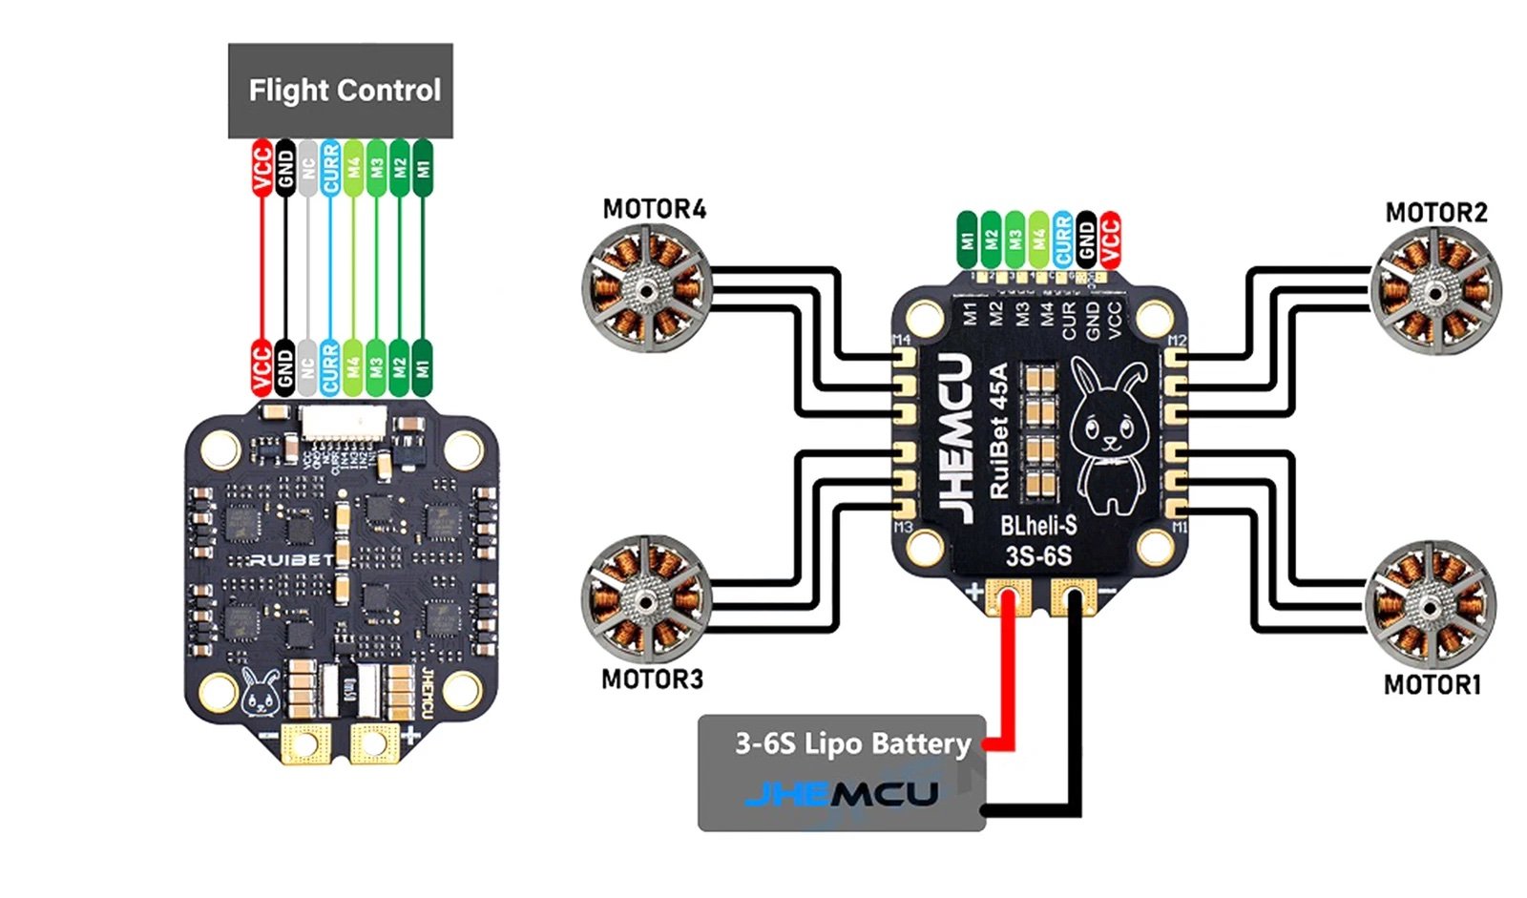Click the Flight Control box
click(340, 91)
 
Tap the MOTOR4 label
click(654, 209)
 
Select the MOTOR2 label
click(1435, 212)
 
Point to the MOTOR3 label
click(652, 679)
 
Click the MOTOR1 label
click(1432, 684)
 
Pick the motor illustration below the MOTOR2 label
click(1434, 290)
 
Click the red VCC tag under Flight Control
click(261, 167)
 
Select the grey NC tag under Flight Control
click(307, 167)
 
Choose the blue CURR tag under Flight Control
click(330, 167)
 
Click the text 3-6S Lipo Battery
click(852, 743)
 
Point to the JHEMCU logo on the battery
click(841, 793)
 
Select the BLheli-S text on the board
click(1038, 525)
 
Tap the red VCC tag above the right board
click(1109, 238)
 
